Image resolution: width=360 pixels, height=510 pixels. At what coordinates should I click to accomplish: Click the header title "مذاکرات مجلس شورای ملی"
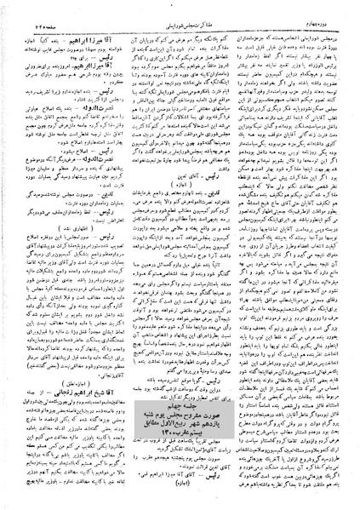pos(180,11)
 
